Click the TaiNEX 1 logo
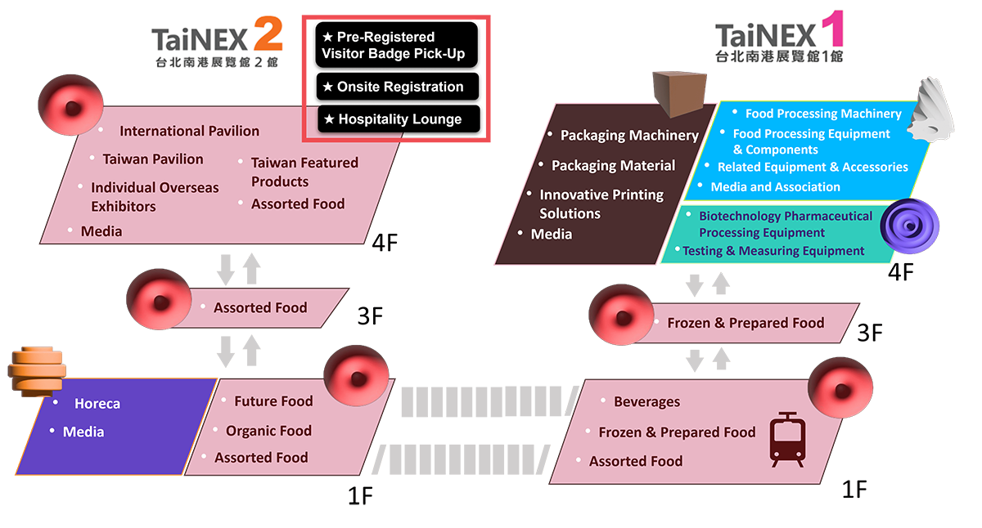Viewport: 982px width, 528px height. (778, 42)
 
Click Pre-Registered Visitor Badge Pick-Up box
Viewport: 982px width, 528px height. (396, 46)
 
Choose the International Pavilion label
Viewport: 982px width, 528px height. (189, 131)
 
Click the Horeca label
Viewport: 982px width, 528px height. (97, 404)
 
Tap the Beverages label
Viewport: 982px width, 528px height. (646, 402)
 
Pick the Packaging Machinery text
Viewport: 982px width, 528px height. (628, 136)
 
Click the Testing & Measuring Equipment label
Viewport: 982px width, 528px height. (773, 251)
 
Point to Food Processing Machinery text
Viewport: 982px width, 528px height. (822, 114)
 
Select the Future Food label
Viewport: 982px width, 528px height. (273, 401)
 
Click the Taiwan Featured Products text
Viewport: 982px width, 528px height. (304, 172)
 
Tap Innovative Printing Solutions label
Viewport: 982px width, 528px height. (601, 204)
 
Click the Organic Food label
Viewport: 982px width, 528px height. (268, 431)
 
